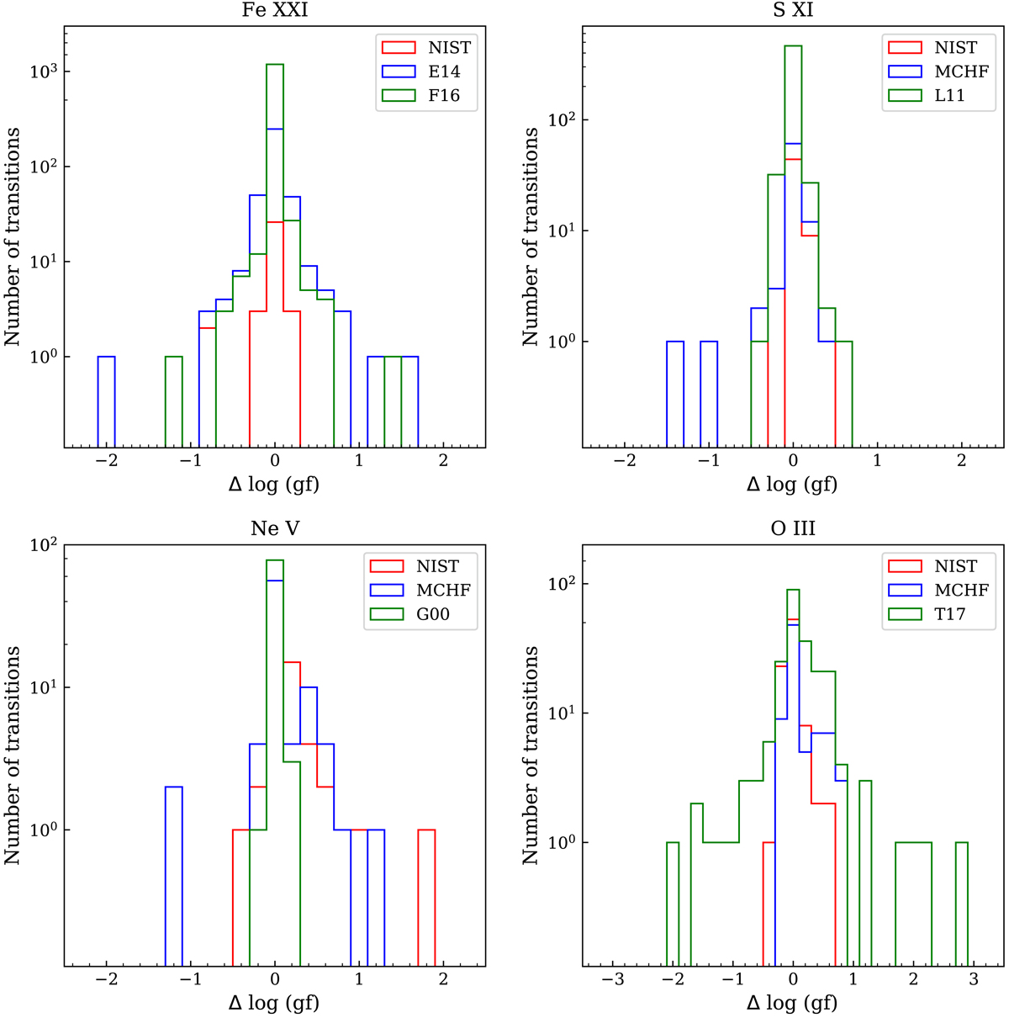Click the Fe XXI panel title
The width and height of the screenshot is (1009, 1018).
[x=274, y=11]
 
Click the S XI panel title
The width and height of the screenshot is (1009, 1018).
[x=793, y=11]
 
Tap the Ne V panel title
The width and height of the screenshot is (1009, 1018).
[x=274, y=529]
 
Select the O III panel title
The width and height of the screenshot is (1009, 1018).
[x=793, y=529]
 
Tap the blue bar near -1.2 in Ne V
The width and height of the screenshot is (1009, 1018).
[x=173, y=875]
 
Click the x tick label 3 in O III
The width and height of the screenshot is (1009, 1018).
[x=974, y=983]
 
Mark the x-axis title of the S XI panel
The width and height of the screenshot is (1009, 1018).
[x=793, y=485]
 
